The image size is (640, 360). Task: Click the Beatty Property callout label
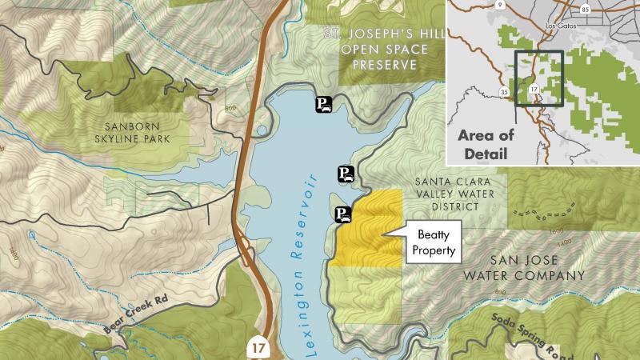point(434,242)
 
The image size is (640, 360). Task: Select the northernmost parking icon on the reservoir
point(323,104)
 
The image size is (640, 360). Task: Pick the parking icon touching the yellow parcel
point(342,214)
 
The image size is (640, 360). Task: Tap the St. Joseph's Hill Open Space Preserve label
point(378,50)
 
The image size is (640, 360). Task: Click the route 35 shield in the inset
point(505,93)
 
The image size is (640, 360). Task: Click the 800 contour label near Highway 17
point(232,109)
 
